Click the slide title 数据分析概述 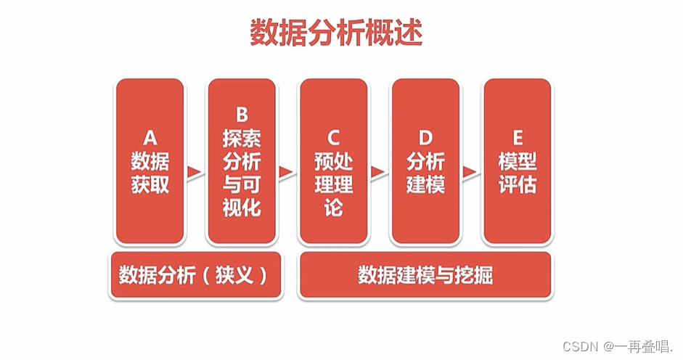[336, 33]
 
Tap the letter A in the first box [150, 138]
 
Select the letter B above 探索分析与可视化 [242, 115]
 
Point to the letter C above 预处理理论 [333, 138]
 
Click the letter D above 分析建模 [425, 138]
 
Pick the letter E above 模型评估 [517, 138]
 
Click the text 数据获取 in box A [150, 173]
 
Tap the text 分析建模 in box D [425, 173]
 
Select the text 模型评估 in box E [517, 173]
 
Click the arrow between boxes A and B [195, 172]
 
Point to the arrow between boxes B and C [286, 172]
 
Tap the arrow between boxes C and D [378, 172]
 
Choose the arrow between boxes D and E [470, 172]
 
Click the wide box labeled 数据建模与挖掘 [425, 275]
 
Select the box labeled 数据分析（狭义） [195, 275]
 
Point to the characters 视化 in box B [242, 208]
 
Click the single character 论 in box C [333, 208]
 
